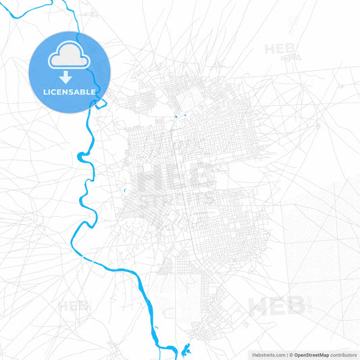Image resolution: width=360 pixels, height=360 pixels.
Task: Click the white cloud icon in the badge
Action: pos(70,58)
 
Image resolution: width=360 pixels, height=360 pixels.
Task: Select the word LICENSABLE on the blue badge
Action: pos(70,91)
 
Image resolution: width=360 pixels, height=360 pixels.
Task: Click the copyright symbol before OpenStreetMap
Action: pos(291,355)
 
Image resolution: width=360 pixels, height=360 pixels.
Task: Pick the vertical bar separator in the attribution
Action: pos(287,355)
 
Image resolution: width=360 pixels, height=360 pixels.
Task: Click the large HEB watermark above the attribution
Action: pos(277,307)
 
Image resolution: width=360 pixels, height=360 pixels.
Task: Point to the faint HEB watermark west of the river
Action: pos(73,306)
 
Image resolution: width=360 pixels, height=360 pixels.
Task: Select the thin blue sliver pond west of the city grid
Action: pos(125,190)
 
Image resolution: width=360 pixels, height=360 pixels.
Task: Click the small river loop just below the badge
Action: pos(100,103)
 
